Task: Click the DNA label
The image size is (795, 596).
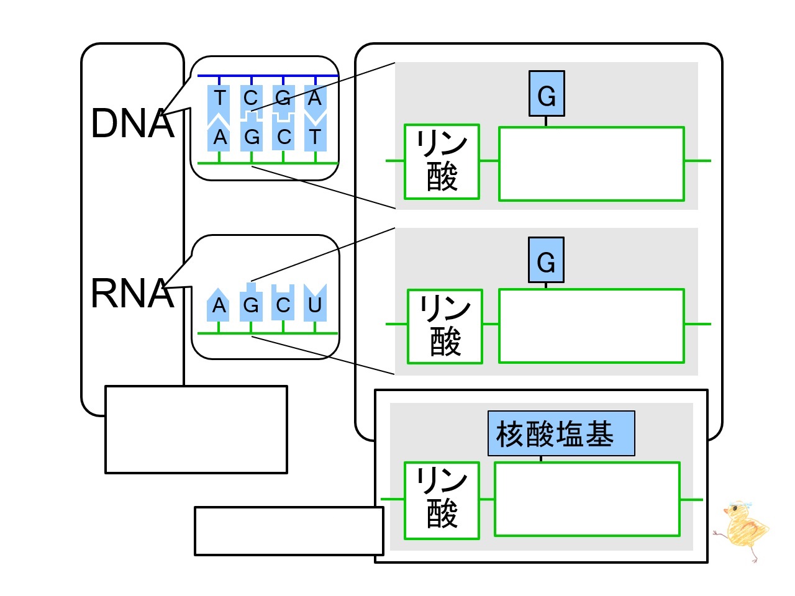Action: click(132, 123)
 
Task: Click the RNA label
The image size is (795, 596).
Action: click(132, 293)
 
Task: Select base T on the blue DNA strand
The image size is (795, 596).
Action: click(219, 98)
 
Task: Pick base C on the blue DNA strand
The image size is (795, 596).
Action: click(251, 98)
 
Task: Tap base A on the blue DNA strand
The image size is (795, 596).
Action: click(315, 98)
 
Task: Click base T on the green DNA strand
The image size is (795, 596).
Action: click(315, 137)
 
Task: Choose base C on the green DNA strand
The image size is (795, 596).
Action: click(283, 137)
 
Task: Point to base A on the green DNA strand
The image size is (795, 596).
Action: click(219, 137)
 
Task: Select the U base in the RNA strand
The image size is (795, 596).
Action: click(315, 304)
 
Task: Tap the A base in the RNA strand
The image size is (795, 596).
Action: click(219, 304)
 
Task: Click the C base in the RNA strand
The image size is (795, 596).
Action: click(283, 304)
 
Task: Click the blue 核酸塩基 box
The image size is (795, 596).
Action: click(561, 433)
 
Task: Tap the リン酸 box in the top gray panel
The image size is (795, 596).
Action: click(442, 161)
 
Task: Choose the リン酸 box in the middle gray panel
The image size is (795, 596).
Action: click(445, 326)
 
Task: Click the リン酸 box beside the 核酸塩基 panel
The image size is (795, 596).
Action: click(442, 500)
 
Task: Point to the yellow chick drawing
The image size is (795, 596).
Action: click(743, 531)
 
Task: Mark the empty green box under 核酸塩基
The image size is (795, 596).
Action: click(587, 499)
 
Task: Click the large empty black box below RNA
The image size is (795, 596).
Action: click(196, 430)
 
